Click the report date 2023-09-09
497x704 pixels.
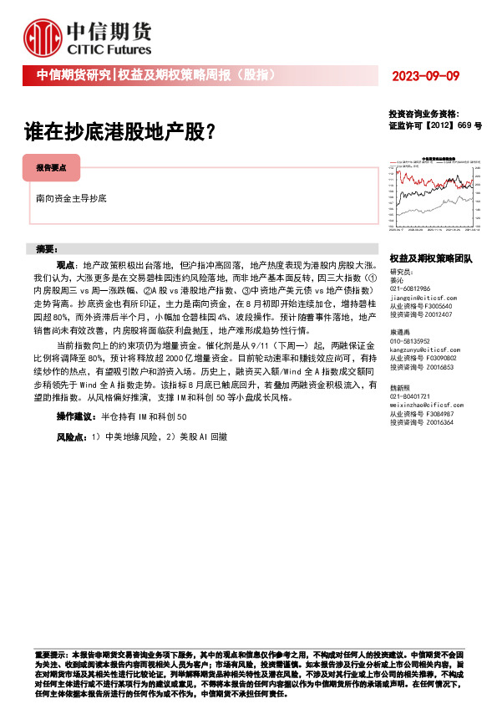[x=427, y=76]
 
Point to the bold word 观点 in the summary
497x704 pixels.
[x=66, y=263]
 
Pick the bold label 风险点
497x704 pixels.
[x=71, y=436]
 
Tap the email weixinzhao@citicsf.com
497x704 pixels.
[x=428, y=404]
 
